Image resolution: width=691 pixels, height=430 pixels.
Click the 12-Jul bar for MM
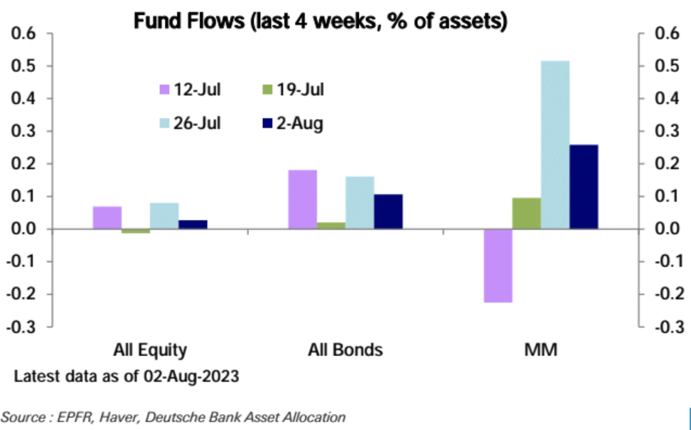[498, 266]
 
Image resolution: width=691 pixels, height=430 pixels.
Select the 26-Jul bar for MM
[555, 145]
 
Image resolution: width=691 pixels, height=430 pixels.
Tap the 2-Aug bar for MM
[584, 187]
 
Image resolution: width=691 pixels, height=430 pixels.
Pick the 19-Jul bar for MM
[527, 214]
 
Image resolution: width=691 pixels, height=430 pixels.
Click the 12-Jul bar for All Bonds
[302, 200]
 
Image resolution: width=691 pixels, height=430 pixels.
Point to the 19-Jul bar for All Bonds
[331, 225]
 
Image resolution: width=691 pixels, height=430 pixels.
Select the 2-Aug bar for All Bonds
[388, 212]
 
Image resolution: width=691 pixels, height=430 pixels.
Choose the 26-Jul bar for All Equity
[164, 216]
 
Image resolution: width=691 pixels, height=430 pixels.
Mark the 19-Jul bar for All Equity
[136, 231]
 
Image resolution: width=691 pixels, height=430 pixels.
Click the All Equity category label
[150, 350]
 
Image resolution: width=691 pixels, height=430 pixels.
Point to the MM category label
[541, 350]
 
